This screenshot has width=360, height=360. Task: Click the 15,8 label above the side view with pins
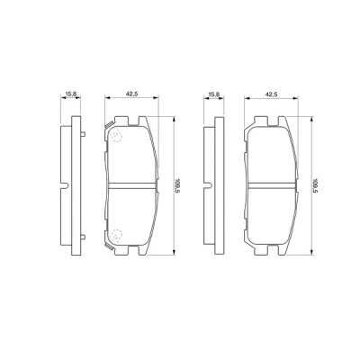71,94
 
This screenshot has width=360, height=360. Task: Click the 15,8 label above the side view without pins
214,94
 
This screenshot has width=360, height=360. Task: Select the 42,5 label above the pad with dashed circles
131,94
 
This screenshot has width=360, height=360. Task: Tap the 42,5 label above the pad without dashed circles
271,94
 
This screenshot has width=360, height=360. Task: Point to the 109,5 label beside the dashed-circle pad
177,186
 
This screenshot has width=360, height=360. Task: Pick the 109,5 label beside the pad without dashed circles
315,186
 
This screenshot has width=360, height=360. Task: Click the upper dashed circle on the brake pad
116,136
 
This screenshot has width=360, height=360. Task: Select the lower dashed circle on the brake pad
115,235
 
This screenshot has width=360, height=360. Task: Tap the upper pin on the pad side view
83,134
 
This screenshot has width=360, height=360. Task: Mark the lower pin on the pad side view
83,237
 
